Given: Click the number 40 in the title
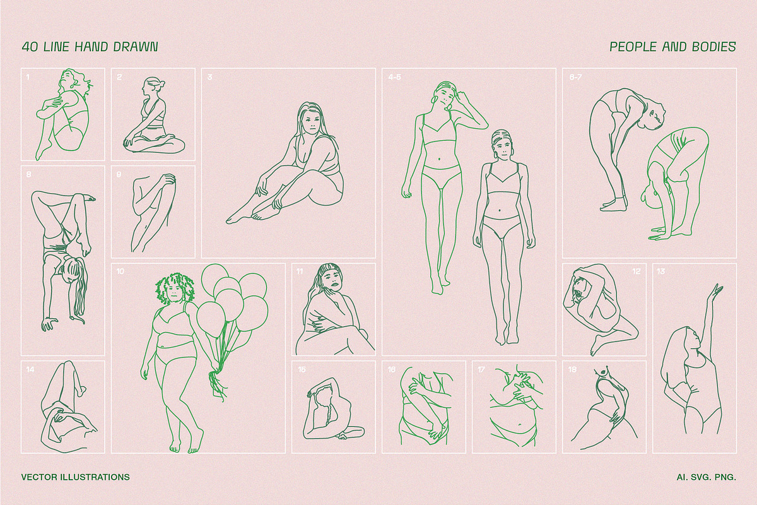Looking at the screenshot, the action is [x=30, y=47].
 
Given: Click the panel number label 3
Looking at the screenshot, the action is [x=210, y=77].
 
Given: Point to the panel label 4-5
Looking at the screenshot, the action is [x=394, y=77].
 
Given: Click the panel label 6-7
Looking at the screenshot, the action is [x=575, y=77].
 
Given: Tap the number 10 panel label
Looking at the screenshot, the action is [x=120, y=271].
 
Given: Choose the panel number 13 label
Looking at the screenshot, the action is [x=660, y=271].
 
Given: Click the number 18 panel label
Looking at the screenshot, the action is [x=572, y=369].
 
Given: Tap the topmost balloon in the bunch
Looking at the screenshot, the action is [x=215, y=276].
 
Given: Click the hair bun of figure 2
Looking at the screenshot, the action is [x=161, y=83].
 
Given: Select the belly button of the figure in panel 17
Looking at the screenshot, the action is [x=520, y=424].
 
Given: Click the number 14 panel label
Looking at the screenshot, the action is [x=30, y=369].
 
